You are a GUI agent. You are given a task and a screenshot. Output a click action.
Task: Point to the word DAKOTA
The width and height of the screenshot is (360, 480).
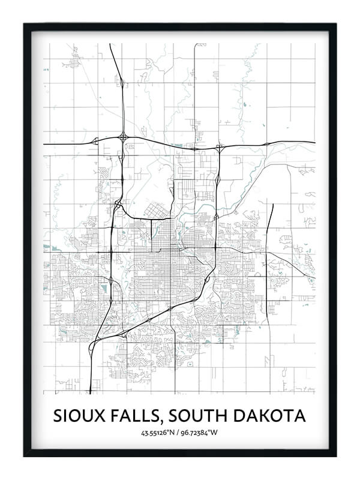tap(272, 415)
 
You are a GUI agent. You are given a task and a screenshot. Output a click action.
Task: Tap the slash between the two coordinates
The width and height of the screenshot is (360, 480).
tap(180, 433)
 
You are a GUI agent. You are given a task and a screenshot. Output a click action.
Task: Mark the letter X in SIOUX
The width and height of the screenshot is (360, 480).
tap(98, 415)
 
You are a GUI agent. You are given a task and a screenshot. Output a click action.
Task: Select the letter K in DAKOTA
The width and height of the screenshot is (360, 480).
tap(268, 415)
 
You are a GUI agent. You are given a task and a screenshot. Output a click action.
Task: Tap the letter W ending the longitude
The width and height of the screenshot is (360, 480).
tap(216, 433)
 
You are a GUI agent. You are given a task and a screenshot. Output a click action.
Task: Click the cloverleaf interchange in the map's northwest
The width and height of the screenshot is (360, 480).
tap(123, 137)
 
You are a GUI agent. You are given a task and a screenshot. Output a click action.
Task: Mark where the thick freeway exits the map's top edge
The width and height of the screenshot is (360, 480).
tap(110, 43)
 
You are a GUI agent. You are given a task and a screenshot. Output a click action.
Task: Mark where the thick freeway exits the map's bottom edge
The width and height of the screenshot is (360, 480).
tap(90, 393)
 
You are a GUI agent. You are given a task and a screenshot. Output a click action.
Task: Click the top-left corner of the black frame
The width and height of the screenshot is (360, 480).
tap(24, 24)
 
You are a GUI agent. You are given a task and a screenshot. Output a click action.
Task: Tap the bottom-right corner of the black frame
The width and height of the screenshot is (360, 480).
tap(336, 456)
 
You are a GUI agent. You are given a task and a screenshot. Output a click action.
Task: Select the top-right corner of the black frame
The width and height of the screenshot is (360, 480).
tap(336, 24)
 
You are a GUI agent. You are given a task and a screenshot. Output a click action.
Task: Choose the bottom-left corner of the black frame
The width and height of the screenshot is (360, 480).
tap(24, 456)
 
